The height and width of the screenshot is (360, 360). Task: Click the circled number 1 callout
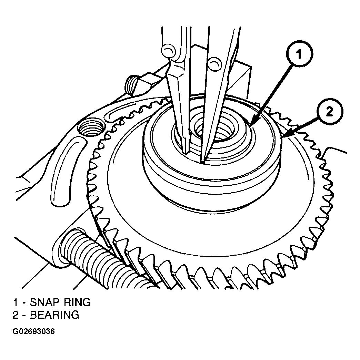click(x=299, y=54)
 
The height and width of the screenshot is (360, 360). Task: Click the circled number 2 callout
click(x=329, y=112)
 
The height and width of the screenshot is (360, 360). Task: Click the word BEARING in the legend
click(x=54, y=315)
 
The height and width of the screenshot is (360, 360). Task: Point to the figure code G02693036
click(x=33, y=331)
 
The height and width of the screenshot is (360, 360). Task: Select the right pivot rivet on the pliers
click(x=214, y=63)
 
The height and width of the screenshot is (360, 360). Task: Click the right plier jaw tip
click(x=202, y=161)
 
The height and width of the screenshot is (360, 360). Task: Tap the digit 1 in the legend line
click(x=16, y=302)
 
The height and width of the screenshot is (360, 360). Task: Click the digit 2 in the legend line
click(x=16, y=315)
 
